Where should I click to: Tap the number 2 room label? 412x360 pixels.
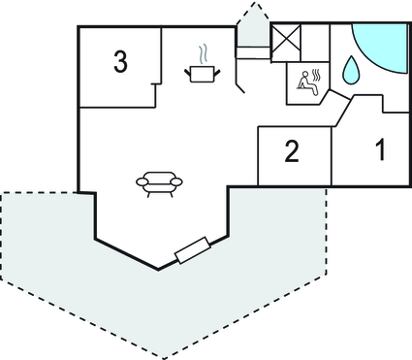291,151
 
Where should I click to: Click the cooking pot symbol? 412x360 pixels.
203,72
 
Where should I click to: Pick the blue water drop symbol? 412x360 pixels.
350,70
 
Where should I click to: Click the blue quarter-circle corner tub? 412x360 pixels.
382,44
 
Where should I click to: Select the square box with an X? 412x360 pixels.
286,42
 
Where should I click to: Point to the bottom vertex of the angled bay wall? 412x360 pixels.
159,269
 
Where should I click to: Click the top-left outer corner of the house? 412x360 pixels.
77,26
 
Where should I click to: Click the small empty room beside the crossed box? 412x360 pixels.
318,44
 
